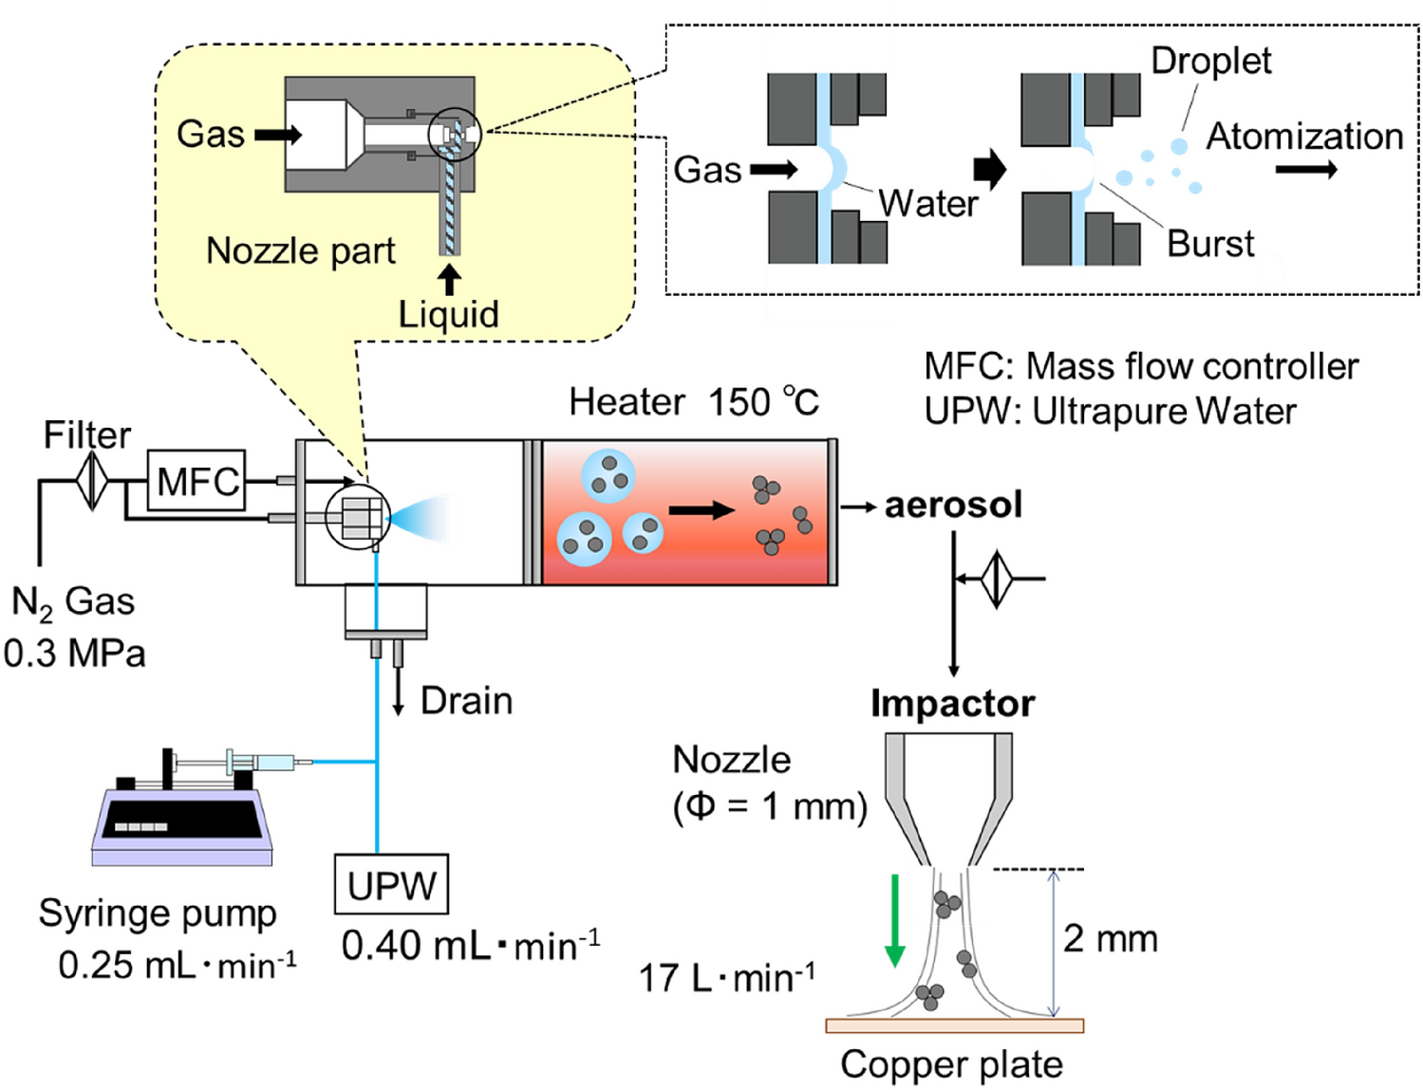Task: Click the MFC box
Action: [197, 480]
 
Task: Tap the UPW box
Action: [391, 884]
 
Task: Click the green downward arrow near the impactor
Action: [894, 921]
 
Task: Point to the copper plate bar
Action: [954, 1025]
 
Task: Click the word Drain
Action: [466, 701]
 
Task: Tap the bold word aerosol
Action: [953, 505]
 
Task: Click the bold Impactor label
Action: [952, 704]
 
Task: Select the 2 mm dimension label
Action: [1110, 938]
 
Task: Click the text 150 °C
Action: [763, 402]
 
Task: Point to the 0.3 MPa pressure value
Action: [74, 654]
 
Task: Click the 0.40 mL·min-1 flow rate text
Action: [471, 945]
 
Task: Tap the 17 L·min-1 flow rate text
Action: [726, 977]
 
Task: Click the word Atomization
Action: [1304, 137]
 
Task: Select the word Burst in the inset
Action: [1210, 244]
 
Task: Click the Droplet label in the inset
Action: [1210, 61]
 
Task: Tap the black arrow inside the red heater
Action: [702, 510]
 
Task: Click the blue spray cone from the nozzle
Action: [422, 518]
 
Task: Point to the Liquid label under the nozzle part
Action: [448, 314]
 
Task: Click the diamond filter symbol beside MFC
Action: [92, 480]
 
